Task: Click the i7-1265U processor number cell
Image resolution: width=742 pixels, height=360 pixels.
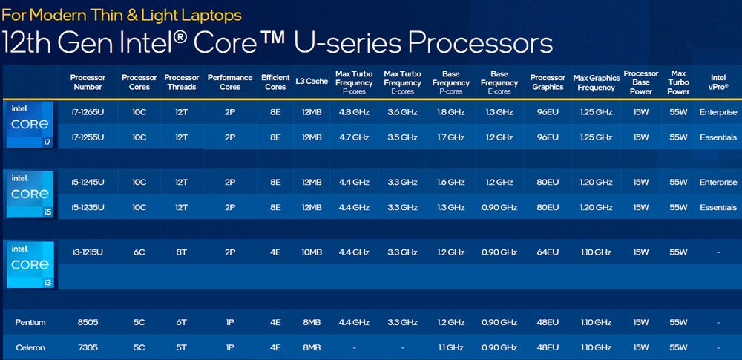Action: [x=88, y=112]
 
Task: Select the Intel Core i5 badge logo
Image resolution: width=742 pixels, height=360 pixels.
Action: [x=30, y=194]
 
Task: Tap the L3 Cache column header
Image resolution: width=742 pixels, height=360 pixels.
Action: [x=312, y=81]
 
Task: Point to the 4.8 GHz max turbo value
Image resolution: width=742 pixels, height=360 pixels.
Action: [x=354, y=112]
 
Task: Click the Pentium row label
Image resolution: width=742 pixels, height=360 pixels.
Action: [x=30, y=323]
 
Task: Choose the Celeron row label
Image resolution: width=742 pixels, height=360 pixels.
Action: [x=30, y=347]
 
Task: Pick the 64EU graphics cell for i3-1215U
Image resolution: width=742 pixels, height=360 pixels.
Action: [x=548, y=252]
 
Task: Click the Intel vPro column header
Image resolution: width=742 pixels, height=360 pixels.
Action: [x=718, y=82]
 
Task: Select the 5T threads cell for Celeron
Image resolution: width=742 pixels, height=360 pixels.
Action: [x=181, y=347]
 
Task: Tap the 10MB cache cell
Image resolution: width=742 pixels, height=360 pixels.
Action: [x=312, y=252]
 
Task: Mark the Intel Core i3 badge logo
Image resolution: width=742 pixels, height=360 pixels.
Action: [x=30, y=265]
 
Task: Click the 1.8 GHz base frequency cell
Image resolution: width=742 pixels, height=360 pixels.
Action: [x=450, y=112]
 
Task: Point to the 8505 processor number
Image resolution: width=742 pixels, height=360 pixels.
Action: [x=88, y=323]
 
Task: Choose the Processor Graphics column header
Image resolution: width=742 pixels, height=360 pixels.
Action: [x=548, y=82]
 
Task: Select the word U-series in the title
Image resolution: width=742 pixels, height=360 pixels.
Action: [x=347, y=43]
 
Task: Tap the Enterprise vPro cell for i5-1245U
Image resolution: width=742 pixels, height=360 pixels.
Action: [x=718, y=183]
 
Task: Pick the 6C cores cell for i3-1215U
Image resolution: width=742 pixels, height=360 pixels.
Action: [x=139, y=252]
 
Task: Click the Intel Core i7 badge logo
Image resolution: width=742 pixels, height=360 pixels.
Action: [x=30, y=125]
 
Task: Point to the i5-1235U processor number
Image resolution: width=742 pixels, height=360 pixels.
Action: [x=88, y=208]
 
